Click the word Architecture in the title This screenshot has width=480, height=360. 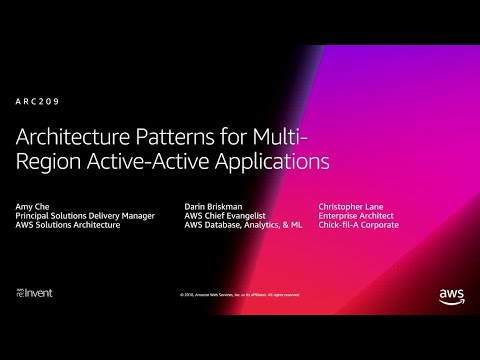click(69, 135)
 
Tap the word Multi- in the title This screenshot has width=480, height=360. click(285, 135)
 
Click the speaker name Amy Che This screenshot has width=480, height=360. click(31, 205)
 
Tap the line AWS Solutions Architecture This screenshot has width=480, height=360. click(67, 225)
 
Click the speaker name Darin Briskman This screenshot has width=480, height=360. click(213, 205)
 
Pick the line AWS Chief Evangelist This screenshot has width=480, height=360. click(221, 215)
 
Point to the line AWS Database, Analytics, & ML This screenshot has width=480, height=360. click(242, 225)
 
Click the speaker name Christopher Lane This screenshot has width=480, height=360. click(351, 205)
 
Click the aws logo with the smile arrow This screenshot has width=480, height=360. click(450, 294)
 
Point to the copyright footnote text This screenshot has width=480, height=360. click(240, 294)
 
